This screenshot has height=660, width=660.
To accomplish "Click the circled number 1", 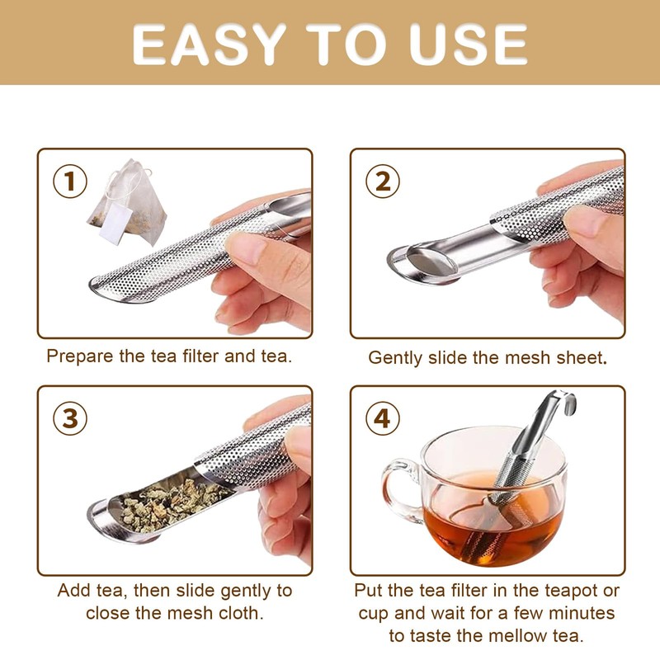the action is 70,181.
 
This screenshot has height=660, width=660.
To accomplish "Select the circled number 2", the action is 382,181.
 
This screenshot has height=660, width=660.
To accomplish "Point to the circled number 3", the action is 70,419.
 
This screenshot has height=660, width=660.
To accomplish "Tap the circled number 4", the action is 382,419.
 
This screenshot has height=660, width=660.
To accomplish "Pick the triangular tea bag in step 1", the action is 126,202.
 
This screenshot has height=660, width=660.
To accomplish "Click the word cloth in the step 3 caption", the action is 241,613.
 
